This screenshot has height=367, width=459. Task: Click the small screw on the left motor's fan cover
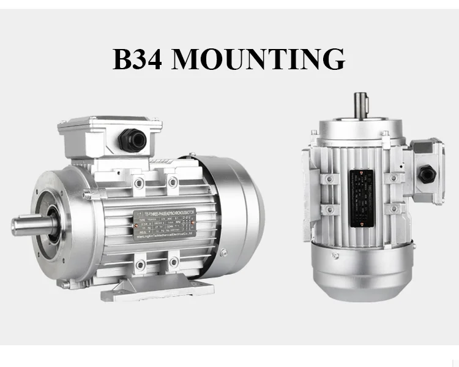[227, 253]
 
